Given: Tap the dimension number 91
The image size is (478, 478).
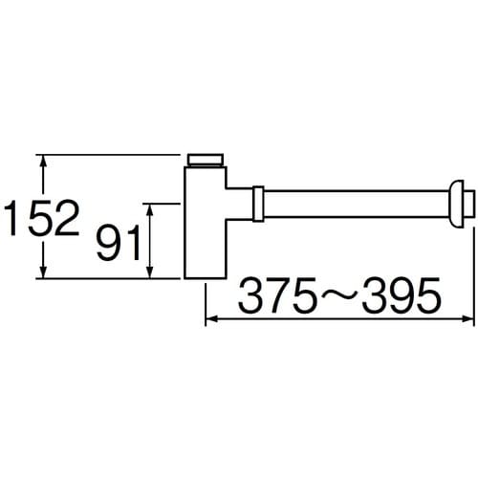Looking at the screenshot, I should [119, 243].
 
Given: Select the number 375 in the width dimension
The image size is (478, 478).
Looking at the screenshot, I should [271, 296].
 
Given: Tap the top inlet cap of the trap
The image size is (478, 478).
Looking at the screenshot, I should [206, 159].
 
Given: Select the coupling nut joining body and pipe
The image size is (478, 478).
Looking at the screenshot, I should [258, 204].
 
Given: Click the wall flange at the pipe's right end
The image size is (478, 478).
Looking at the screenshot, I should [464, 203].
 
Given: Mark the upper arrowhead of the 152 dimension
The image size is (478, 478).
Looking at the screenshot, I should [42, 163].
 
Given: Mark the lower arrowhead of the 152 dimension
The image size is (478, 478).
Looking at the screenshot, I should [42, 272].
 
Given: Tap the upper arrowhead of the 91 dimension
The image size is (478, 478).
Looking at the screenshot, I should [149, 209].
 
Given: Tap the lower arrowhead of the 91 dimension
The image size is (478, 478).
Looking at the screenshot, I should [149, 272].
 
